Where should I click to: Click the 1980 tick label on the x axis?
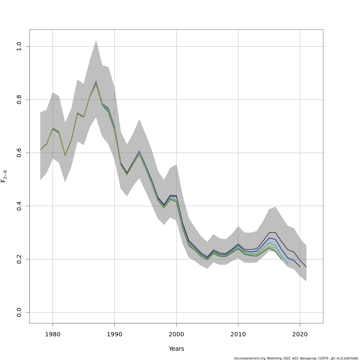tap(53, 334)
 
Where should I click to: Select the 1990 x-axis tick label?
tap(115, 334)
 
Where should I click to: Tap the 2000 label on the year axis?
tap(176, 334)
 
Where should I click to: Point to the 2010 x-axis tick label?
tap(238, 334)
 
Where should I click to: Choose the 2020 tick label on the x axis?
tap(300, 334)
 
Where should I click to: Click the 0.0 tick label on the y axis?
tap(19, 312)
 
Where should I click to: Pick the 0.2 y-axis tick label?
tap(19, 259)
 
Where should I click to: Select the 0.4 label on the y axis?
tap(19, 206)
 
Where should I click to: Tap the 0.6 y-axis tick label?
tap(19, 153)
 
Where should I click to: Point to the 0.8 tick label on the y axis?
tap(19, 100)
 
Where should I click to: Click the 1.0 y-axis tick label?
tap(19, 46)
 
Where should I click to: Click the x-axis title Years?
tap(176, 349)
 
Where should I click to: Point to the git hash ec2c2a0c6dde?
tap(347, 358)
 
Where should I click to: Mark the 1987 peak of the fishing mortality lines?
tap(96, 82)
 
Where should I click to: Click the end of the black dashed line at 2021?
tap(306, 267)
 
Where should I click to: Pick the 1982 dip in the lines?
tap(65, 155)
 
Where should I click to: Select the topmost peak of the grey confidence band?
tap(96, 40)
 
